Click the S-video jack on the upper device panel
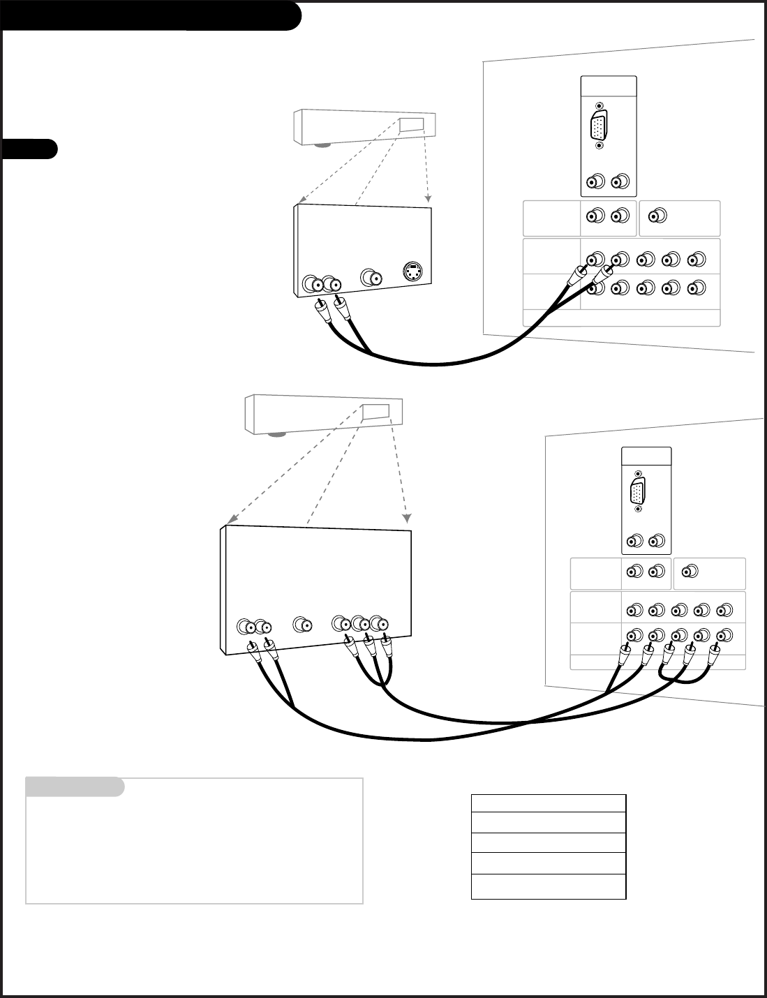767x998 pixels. point(413,272)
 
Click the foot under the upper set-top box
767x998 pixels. point(321,145)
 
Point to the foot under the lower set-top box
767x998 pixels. point(276,433)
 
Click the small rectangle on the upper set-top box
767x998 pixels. point(412,125)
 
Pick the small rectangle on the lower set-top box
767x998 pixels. point(375,412)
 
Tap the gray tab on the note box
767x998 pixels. point(75,787)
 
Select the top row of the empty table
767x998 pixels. point(549,803)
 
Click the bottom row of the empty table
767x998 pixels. point(549,886)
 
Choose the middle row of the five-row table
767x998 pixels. point(549,842)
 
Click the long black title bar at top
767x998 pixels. point(151,15)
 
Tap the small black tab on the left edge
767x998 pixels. point(29,149)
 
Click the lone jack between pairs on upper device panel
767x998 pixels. point(371,278)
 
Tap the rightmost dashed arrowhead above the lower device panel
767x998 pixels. point(408,519)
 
